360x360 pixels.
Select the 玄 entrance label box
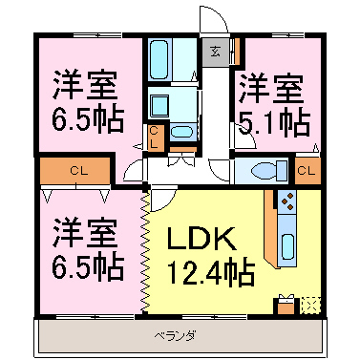[x=215, y=53]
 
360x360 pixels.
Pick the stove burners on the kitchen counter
[x=286, y=200]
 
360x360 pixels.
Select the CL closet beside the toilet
[x=305, y=171]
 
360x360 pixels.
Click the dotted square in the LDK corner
[x=309, y=306]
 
